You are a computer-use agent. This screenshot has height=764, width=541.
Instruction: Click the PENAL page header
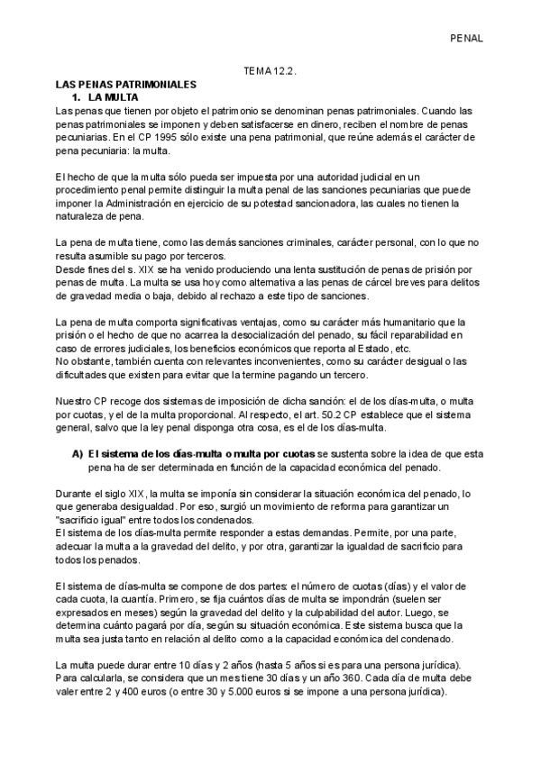click(x=467, y=39)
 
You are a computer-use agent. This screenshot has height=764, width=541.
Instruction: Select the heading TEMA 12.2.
click(x=270, y=70)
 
